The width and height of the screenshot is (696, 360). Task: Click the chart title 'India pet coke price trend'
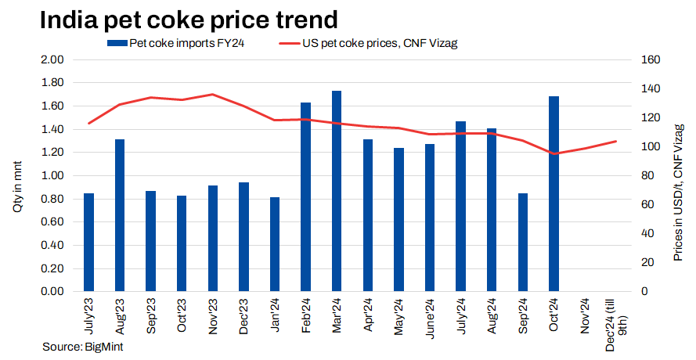tap(179, 20)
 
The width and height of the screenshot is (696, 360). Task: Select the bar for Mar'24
tap(337, 191)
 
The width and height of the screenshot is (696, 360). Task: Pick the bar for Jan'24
tap(275, 244)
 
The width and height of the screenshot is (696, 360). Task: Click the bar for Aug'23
tap(120, 215)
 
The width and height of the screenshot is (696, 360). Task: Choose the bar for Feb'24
tap(306, 196)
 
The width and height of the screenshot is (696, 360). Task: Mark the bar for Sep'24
tap(523, 242)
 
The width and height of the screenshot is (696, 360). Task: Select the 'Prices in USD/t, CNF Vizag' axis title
tap(678, 191)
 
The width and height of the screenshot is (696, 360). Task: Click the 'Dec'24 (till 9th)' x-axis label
tap(615, 317)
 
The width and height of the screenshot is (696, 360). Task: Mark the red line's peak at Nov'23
tap(213, 94)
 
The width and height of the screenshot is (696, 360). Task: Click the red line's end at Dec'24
tap(616, 141)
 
